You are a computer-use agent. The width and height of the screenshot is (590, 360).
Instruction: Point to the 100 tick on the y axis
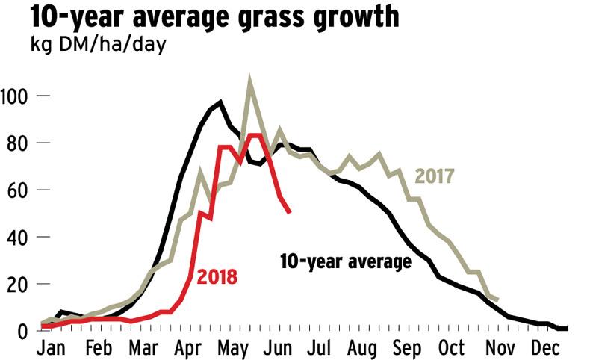point(14,96)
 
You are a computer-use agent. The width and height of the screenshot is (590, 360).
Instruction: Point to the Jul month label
point(329,349)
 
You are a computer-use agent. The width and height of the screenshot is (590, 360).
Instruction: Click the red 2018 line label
point(217,277)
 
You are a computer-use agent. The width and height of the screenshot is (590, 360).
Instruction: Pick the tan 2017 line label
point(435,177)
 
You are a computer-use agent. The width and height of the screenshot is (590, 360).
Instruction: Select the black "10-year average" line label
point(346,262)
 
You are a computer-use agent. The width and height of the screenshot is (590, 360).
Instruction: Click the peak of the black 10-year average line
point(220,102)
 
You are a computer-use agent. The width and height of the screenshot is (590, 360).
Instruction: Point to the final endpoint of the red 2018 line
point(290,213)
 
